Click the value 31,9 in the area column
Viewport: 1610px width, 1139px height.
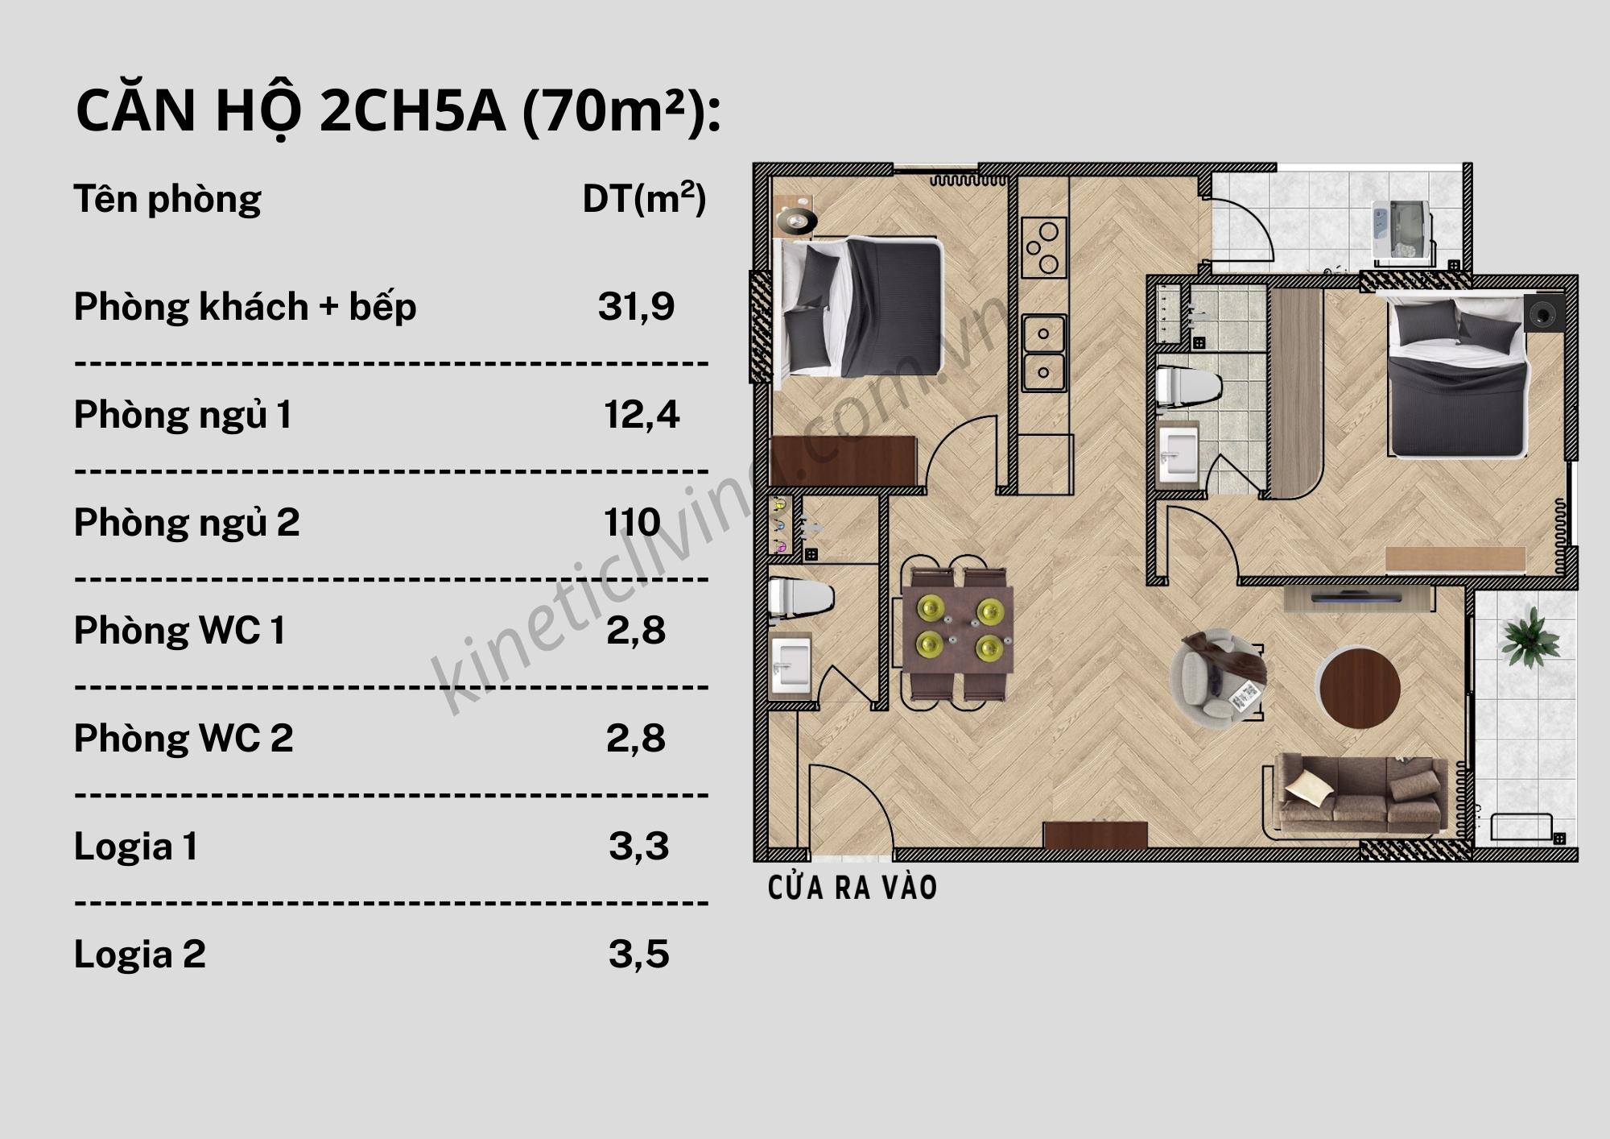tap(636, 307)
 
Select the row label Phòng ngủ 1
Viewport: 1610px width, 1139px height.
tap(183, 415)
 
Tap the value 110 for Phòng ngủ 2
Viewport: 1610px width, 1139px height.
tap(633, 523)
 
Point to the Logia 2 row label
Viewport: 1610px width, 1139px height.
tap(140, 955)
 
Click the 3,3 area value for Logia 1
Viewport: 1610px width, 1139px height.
tap(638, 847)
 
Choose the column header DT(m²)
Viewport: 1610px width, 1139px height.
tap(644, 199)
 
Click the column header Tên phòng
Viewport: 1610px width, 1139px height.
tap(167, 199)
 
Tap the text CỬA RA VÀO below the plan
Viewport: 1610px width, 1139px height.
tap(852, 888)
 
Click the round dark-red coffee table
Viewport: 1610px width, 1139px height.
tap(1360, 688)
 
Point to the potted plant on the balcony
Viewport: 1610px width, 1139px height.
tap(1529, 636)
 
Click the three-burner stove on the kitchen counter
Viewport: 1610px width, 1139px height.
tap(1043, 247)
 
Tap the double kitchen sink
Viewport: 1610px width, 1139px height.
tap(1043, 353)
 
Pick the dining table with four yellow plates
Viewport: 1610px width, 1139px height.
tap(957, 629)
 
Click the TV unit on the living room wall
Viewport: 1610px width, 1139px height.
tap(1359, 598)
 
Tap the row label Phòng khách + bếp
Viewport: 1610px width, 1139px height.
tap(245, 307)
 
